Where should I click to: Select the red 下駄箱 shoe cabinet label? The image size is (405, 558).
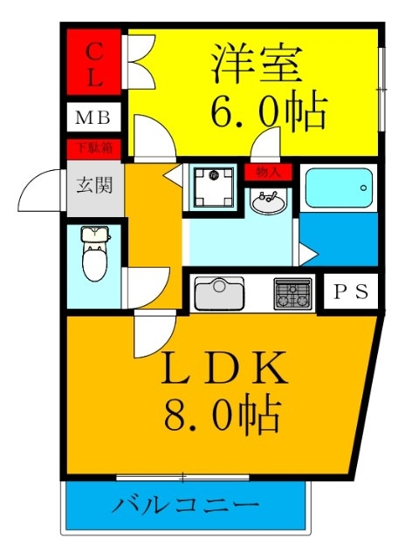[x=93, y=147]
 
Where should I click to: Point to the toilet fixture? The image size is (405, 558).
[x=92, y=253]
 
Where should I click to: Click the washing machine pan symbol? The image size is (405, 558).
[x=212, y=186]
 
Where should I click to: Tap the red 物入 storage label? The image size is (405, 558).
[x=269, y=172]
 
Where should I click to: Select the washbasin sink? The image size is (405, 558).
[x=269, y=202]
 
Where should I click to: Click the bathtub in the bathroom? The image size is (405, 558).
[x=339, y=187]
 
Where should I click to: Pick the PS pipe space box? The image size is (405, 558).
[x=353, y=292]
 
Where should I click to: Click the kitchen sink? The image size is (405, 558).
[x=219, y=294]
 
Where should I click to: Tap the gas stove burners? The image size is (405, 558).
[x=292, y=294]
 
